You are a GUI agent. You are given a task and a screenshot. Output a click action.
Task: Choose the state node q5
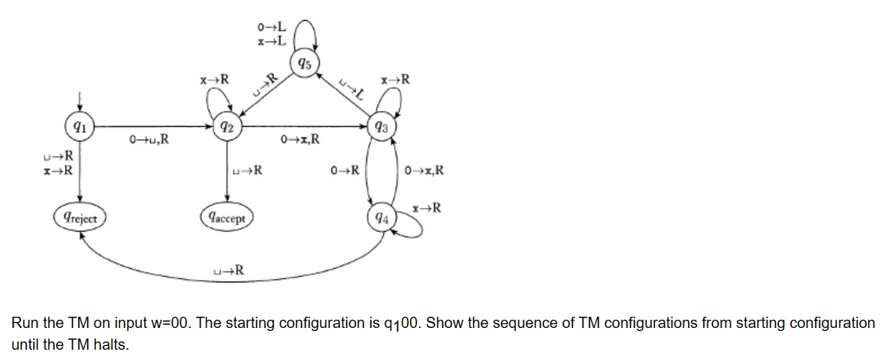pyautogui.click(x=303, y=62)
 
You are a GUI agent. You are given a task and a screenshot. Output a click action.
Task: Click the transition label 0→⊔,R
pyautogui.click(x=149, y=138)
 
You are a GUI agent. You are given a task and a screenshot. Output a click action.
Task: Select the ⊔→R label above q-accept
pyautogui.click(x=248, y=170)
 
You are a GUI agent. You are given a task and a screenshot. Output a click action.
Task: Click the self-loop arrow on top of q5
pyautogui.click(x=307, y=32)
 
